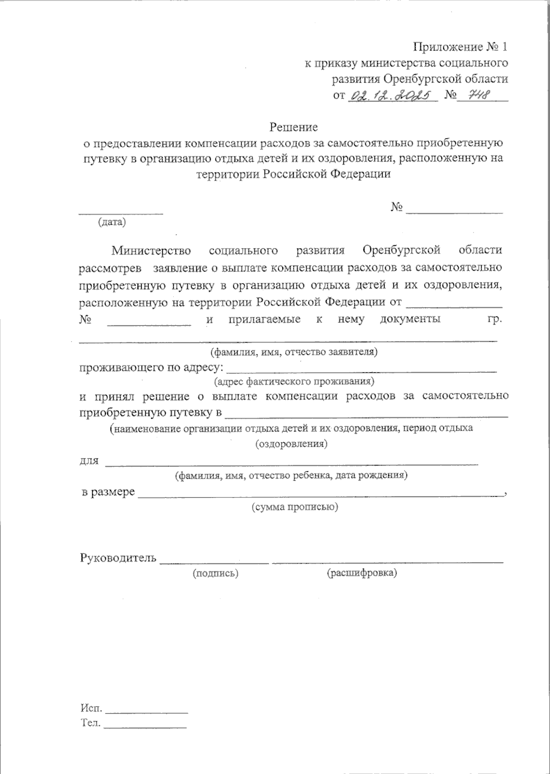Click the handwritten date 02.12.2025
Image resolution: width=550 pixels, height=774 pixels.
click(x=392, y=95)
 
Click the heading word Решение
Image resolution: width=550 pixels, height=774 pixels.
click(x=293, y=126)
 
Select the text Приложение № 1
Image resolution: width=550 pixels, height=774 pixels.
click(x=461, y=47)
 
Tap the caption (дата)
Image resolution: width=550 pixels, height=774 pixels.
click(x=112, y=222)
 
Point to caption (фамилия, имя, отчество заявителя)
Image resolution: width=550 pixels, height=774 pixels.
click(x=293, y=353)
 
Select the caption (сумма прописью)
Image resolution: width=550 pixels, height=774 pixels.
click(x=295, y=507)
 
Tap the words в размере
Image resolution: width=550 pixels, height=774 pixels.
click(x=108, y=492)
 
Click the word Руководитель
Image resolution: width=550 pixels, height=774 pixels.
click(x=118, y=558)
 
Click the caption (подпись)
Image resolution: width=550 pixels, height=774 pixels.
click(x=215, y=573)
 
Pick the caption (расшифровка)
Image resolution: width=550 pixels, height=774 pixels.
click(x=362, y=573)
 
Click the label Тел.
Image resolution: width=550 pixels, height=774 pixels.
click(x=90, y=724)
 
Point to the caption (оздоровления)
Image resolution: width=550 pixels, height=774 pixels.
click(x=291, y=444)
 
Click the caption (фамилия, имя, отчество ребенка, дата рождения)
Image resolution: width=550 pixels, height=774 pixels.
click(x=291, y=475)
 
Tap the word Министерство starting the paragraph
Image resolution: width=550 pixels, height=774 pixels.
click(x=151, y=250)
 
